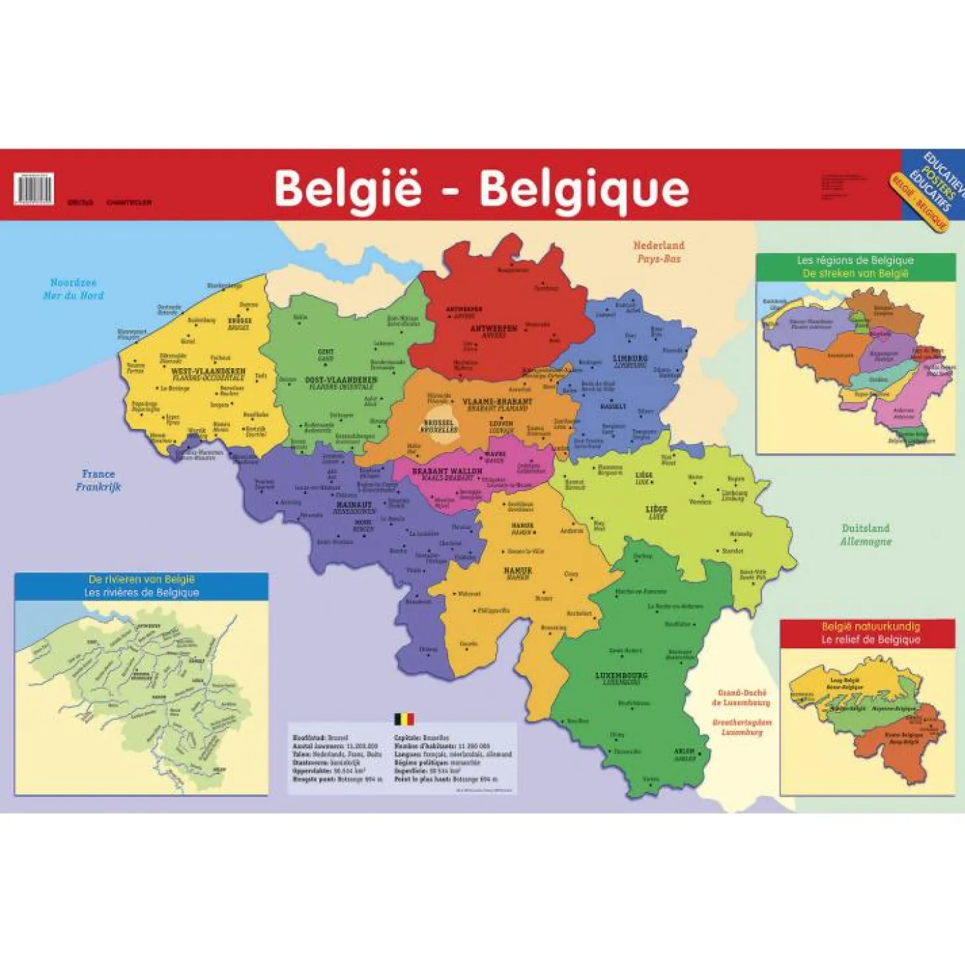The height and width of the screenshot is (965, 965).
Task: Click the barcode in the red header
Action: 33,188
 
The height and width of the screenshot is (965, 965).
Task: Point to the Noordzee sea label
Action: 73,283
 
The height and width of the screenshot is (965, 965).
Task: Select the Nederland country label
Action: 659,246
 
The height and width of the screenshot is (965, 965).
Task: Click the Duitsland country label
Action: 865,528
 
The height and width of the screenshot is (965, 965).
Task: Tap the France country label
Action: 98,474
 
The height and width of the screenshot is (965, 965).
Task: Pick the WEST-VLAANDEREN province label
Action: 208,371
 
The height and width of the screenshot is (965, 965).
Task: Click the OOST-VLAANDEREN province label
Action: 341,380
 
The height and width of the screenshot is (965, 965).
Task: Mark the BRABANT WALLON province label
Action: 447,471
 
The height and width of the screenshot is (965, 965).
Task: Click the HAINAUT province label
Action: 354,505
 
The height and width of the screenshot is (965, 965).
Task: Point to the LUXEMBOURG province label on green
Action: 621,675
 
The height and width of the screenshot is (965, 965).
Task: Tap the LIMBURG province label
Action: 630,359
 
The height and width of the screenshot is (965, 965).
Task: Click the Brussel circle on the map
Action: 440,425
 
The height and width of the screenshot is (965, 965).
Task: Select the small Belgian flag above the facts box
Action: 404,719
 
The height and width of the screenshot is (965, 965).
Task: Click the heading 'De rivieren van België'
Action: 141,580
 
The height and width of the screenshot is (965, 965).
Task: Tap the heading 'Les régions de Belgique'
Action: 855,260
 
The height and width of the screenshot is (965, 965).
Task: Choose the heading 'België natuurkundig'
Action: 870,627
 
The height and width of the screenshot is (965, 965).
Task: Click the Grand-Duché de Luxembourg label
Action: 742,697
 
